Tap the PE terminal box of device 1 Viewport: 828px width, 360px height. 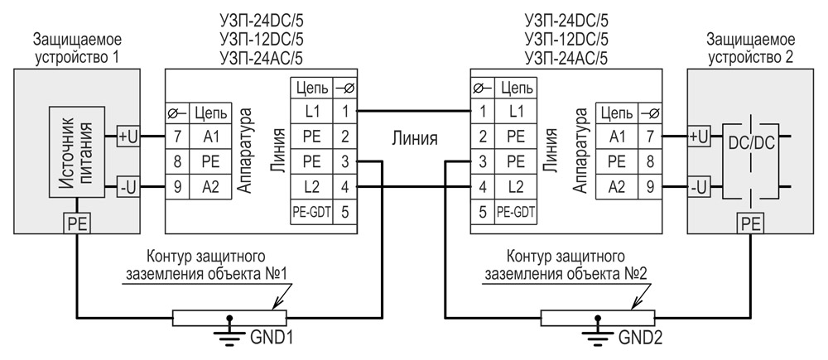(77, 223)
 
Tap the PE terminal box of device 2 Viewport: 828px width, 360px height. (750, 223)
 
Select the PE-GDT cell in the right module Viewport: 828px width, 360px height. (516, 212)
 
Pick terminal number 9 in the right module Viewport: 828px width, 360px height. (651, 186)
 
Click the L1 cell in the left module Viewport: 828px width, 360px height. (311, 111)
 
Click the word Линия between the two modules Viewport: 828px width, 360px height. (415, 137)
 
